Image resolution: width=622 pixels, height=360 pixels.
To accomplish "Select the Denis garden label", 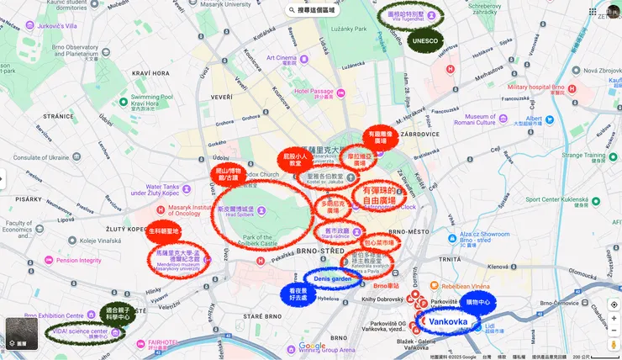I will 332,278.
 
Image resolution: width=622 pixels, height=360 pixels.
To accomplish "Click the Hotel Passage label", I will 314,92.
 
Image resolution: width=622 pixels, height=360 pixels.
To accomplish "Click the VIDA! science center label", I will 82,331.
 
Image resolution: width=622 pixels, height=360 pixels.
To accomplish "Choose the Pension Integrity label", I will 78,261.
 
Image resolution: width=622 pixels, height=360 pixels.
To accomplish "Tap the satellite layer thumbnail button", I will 21,334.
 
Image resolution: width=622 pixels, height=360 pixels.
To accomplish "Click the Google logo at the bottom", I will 312,346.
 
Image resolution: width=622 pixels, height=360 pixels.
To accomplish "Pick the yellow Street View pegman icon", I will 614,343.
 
